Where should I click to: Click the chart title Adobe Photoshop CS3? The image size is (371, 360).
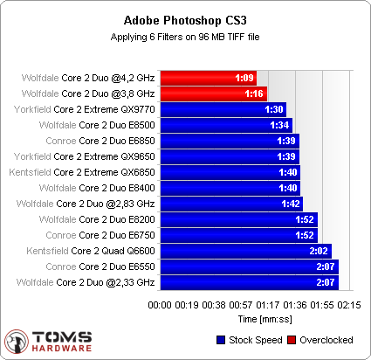185,20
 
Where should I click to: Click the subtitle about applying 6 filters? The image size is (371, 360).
185,37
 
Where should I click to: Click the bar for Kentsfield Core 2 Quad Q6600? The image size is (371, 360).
243,251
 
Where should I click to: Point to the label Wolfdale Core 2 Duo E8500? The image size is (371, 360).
83,125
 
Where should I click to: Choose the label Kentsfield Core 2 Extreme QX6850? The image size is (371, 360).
79,172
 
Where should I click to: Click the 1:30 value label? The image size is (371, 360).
273,109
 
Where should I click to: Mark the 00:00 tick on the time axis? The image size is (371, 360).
159,305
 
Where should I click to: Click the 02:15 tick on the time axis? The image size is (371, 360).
349,305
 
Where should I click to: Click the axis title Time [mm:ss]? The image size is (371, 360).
254,320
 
